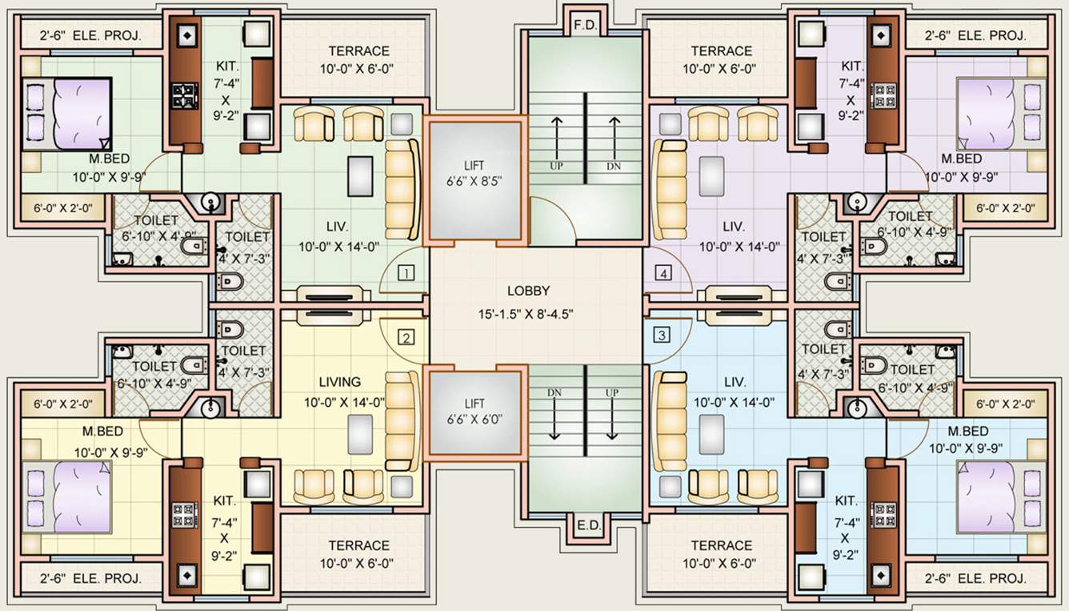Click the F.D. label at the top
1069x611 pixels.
[586, 26]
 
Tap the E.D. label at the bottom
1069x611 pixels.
[586, 526]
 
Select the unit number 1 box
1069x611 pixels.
[406, 274]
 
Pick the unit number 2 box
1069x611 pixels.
[406, 336]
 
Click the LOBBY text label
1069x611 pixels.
[528, 291]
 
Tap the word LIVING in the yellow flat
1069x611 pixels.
[340, 382]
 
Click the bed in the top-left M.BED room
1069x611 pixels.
[66, 113]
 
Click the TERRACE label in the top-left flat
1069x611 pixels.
[359, 51]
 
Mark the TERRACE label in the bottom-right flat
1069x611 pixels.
[721, 545]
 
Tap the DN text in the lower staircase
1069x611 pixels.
[554, 392]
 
